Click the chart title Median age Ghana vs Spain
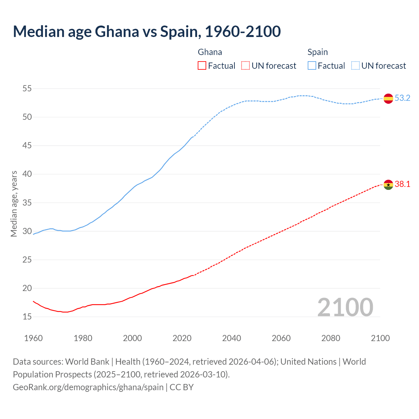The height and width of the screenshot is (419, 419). click(x=147, y=31)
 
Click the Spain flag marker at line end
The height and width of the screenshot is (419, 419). click(x=388, y=98)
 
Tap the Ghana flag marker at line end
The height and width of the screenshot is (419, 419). click(x=388, y=185)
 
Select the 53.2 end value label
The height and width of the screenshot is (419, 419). click(x=402, y=98)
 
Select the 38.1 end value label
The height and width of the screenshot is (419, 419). click(x=402, y=184)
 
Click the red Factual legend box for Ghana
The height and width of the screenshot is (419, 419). click(x=202, y=66)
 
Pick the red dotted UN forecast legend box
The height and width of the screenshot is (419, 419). click(x=246, y=66)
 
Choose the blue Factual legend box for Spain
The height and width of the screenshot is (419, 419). click(x=312, y=66)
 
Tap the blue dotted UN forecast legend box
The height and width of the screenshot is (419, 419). click(x=355, y=66)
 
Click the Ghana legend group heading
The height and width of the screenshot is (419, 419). click(x=210, y=52)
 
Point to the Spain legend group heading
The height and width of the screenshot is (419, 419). click(x=318, y=52)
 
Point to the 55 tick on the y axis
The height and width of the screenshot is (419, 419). click(x=27, y=88)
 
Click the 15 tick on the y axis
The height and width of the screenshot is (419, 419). click(x=27, y=317)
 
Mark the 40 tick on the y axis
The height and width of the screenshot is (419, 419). click(x=27, y=174)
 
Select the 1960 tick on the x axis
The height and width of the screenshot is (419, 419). click(x=33, y=338)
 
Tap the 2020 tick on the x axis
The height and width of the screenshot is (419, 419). click(x=182, y=338)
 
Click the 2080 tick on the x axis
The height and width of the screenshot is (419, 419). click(x=331, y=338)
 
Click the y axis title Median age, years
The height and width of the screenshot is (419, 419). click(x=14, y=204)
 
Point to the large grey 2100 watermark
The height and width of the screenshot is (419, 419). click(x=345, y=307)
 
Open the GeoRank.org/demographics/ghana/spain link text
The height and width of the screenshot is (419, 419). click(x=88, y=387)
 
